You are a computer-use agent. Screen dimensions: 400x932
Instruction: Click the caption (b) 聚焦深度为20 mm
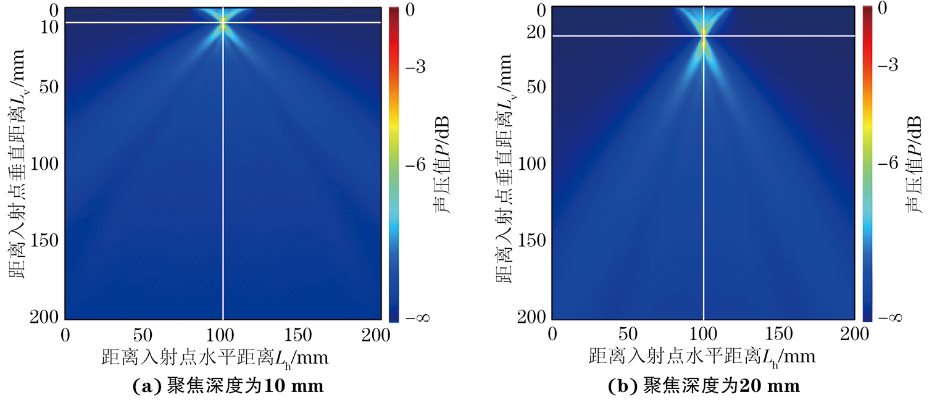click(704, 386)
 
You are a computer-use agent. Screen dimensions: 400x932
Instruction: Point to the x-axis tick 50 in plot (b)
click(628, 335)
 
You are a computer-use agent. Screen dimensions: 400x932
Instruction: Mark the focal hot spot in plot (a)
click(223, 22)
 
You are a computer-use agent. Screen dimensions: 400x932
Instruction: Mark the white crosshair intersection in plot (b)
click(704, 36)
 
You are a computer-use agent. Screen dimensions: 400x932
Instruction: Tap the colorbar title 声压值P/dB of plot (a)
click(440, 165)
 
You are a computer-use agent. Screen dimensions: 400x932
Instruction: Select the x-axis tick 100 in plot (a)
click(223, 335)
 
